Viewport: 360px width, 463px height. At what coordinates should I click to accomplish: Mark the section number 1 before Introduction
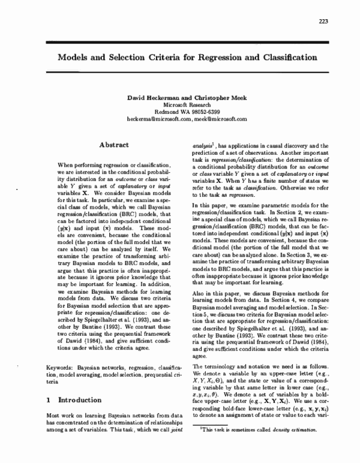click(x=49, y=399)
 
